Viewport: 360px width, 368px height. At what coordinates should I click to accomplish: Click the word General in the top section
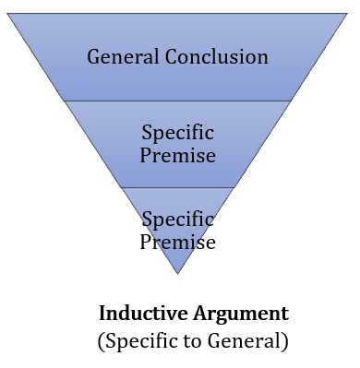pyautogui.click(x=124, y=57)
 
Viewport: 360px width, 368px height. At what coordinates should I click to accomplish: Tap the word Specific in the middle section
pyautogui.click(x=178, y=132)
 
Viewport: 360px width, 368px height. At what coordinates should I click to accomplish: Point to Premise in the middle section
pyautogui.click(x=178, y=154)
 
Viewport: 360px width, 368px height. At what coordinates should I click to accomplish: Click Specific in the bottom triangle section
pyautogui.click(x=178, y=220)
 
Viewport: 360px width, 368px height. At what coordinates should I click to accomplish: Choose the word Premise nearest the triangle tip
pyautogui.click(x=178, y=243)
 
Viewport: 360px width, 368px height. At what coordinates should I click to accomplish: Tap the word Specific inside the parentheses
pyautogui.click(x=140, y=340)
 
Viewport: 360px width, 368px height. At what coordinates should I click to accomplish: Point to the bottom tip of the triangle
pyautogui.click(x=177, y=273)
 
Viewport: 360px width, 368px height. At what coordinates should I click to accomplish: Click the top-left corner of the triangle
pyautogui.click(x=8, y=14)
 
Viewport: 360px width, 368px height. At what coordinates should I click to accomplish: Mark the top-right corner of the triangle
pyautogui.click(x=347, y=14)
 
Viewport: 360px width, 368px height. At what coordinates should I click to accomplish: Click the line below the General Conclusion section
pyautogui.click(x=177, y=101)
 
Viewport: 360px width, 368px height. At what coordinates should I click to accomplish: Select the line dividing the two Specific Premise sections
pyautogui.click(x=177, y=187)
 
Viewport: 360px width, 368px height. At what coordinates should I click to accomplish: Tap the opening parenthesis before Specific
pyautogui.click(x=101, y=341)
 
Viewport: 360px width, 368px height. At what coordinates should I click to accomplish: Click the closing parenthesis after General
pyautogui.click(x=286, y=341)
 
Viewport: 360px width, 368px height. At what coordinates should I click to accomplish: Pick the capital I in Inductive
pyautogui.click(x=102, y=313)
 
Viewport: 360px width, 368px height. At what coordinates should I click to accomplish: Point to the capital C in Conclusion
pyautogui.click(x=173, y=57)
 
